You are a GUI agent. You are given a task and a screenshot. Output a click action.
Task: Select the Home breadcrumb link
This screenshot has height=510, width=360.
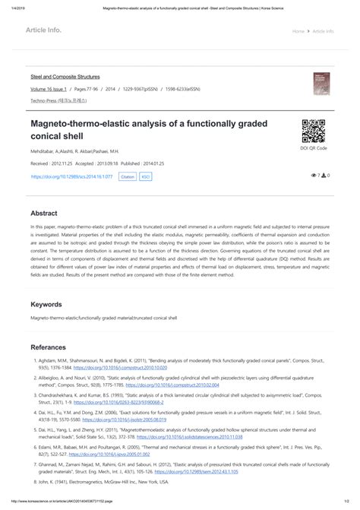click(298, 32)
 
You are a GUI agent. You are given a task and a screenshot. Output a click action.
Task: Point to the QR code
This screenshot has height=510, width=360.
click(314, 131)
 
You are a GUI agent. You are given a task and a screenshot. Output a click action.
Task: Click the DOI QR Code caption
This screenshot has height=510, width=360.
click(314, 148)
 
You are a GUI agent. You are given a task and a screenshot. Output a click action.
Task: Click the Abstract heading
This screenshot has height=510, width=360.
click(43, 214)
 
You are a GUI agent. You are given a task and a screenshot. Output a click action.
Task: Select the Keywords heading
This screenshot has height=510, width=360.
click(46, 304)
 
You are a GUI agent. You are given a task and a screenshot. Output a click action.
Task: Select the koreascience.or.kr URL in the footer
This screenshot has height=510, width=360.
click(68, 503)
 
